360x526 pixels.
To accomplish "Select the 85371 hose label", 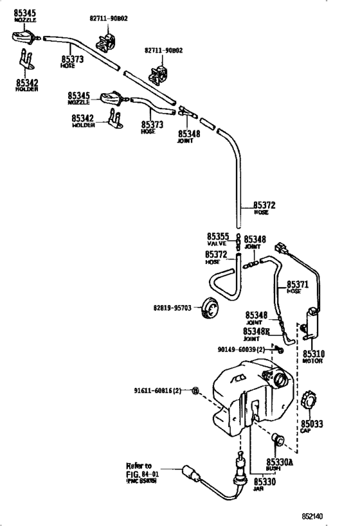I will pyautogui.click(x=297, y=284).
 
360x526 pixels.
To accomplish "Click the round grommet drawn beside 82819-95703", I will pyautogui.click(x=209, y=308).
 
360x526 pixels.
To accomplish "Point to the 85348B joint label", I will pyautogui.click(x=257, y=331).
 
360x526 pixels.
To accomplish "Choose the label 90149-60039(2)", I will pyautogui.click(x=242, y=349).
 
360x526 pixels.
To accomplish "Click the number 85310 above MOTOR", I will pyautogui.click(x=314, y=354).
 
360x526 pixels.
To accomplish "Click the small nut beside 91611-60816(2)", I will pyautogui.click(x=195, y=390).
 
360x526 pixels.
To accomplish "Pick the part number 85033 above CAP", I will pyautogui.click(x=312, y=424).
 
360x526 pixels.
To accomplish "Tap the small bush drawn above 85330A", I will pyautogui.click(x=278, y=441).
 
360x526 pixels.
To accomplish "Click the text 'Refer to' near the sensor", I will pyautogui.click(x=139, y=466).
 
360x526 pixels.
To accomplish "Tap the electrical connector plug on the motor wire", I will pyautogui.click(x=280, y=248).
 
